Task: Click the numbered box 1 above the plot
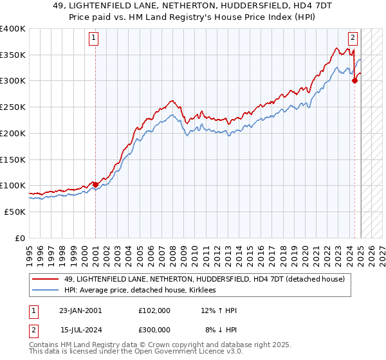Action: pos(94,38)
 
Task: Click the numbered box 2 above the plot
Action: pos(353,38)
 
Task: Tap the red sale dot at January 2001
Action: pos(96,184)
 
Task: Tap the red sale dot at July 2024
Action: pos(354,81)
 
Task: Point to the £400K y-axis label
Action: pos(13,29)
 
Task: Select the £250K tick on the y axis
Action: pos(13,107)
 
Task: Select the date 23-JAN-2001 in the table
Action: pos(80,310)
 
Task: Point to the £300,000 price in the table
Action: pos(154,329)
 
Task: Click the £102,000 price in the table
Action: pos(154,310)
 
